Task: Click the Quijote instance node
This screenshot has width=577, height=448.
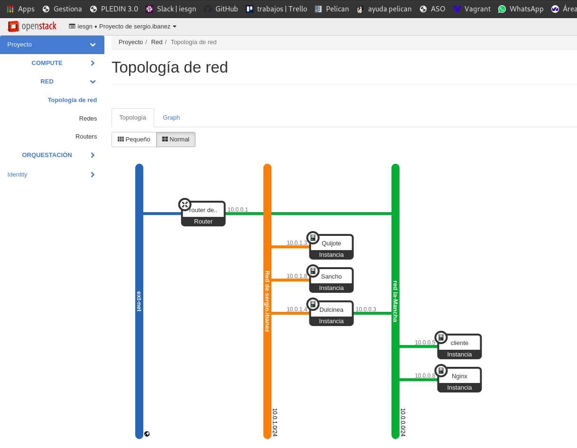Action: (331, 247)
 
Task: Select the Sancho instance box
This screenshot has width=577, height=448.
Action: (331, 280)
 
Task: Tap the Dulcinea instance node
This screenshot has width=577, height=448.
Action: (331, 313)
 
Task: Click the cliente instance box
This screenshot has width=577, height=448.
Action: (459, 346)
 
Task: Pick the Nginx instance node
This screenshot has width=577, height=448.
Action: (459, 380)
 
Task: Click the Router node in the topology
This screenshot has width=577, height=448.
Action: (203, 214)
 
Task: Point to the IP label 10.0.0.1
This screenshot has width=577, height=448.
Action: (238, 210)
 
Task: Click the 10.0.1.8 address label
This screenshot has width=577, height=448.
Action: (297, 276)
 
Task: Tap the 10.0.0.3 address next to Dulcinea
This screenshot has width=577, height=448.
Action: (366, 309)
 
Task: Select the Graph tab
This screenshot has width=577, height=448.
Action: (171, 118)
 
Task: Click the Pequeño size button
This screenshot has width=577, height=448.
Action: (134, 140)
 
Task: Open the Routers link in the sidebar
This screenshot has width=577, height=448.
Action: (86, 137)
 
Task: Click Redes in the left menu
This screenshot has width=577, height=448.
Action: (88, 118)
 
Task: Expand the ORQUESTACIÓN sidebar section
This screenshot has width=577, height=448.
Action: (47, 155)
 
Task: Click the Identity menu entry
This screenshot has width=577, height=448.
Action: (18, 175)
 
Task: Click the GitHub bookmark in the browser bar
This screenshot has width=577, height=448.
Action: (221, 9)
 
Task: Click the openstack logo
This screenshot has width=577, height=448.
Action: (32, 26)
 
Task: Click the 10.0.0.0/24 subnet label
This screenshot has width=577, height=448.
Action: (403, 422)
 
